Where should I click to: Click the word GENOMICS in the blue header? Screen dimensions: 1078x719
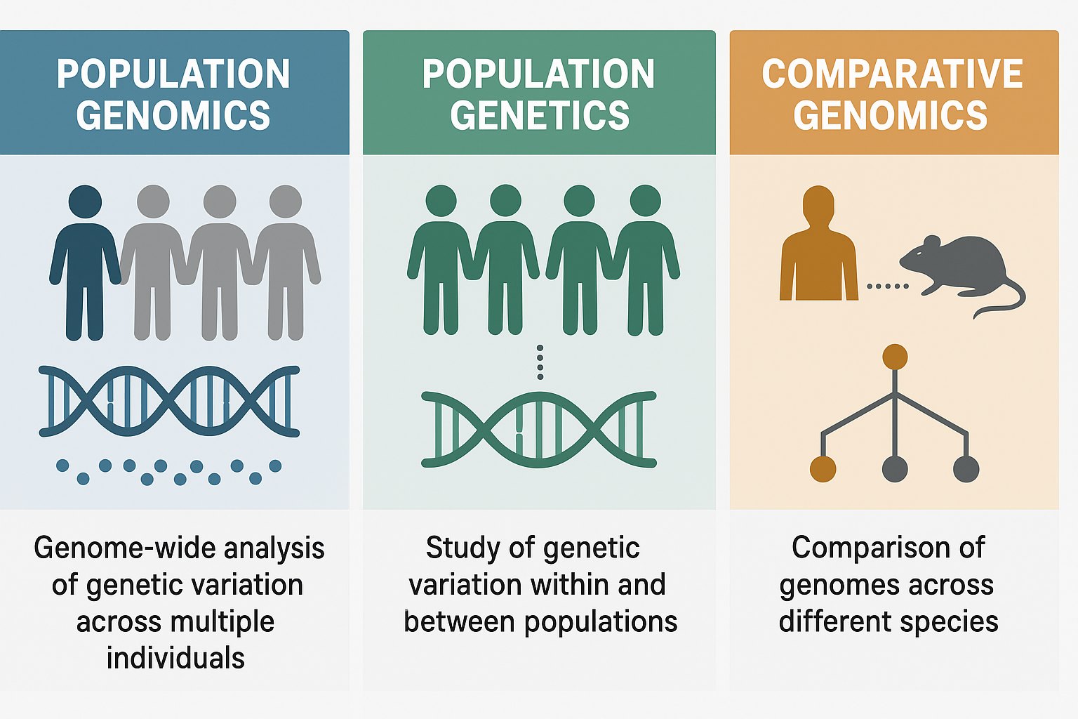pos(173,116)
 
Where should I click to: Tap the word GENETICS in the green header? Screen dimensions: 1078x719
pos(540,116)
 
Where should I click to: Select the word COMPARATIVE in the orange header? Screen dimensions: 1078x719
pos(892,74)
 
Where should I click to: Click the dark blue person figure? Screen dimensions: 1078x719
pos(85,263)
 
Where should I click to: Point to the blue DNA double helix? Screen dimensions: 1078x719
pos(169,401)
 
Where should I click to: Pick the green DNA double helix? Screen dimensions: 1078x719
pos(539,430)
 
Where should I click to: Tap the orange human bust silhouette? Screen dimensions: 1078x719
pos(818,243)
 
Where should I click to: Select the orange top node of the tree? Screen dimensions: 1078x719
pos(895,357)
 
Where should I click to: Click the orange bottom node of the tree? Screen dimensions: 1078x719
pos(823,469)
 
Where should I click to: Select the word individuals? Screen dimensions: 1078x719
pos(175,658)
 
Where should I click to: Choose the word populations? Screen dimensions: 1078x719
pos(601,622)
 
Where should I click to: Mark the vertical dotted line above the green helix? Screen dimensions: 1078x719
pos(540,362)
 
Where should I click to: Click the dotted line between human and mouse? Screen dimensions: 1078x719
pos(888,286)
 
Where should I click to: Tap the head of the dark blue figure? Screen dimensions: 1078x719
pos(85,202)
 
